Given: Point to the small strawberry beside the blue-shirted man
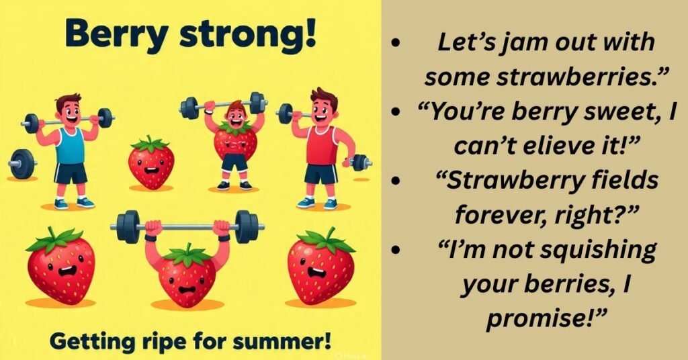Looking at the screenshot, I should tap(151, 163).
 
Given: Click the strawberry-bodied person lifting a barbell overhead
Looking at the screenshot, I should tap(234, 141).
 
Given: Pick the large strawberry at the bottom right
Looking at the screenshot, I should tap(320, 265).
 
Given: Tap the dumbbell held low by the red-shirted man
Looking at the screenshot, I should tap(359, 162).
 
